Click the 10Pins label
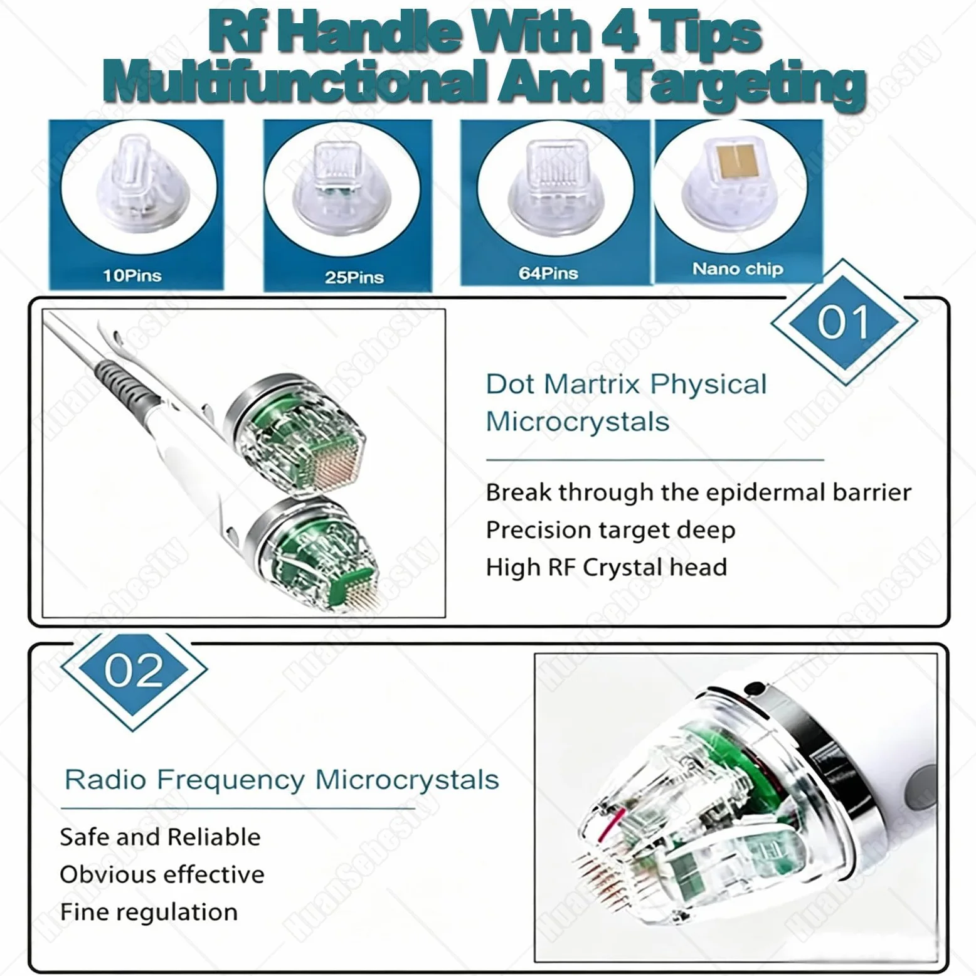coord(132,275)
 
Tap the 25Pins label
coord(354,277)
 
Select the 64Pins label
coord(548,273)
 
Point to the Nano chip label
coord(738,268)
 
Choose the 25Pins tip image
coord(341,186)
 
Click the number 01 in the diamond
coord(844,322)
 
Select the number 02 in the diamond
coord(134,671)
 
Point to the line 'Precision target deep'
coord(610,530)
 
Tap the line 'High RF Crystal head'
coord(607,567)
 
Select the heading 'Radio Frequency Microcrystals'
coord(282,780)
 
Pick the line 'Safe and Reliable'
coord(160,837)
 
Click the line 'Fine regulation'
coord(149,911)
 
